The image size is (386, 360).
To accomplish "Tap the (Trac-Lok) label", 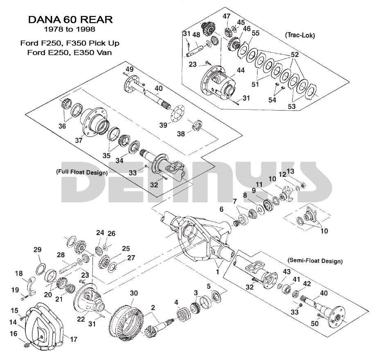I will [x=300, y=35].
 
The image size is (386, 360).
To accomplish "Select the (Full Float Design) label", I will [x=82, y=172].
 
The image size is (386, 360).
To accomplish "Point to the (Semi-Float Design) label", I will [x=316, y=260].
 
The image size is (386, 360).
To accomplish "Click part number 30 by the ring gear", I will [x=134, y=294].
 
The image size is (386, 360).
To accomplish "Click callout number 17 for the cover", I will [x=74, y=340].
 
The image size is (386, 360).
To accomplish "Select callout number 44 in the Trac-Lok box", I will [x=240, y=70].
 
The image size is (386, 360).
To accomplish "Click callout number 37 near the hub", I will [x=79, y=140].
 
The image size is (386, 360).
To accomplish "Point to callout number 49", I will [x=130, y=69].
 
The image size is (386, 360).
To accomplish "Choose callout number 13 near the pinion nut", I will [x=290, y=171].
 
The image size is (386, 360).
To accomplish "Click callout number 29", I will [x=37, y=250].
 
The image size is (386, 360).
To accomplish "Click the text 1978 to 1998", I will [x=70, y=29].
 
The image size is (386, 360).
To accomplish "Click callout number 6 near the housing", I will [x=221, y=209].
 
